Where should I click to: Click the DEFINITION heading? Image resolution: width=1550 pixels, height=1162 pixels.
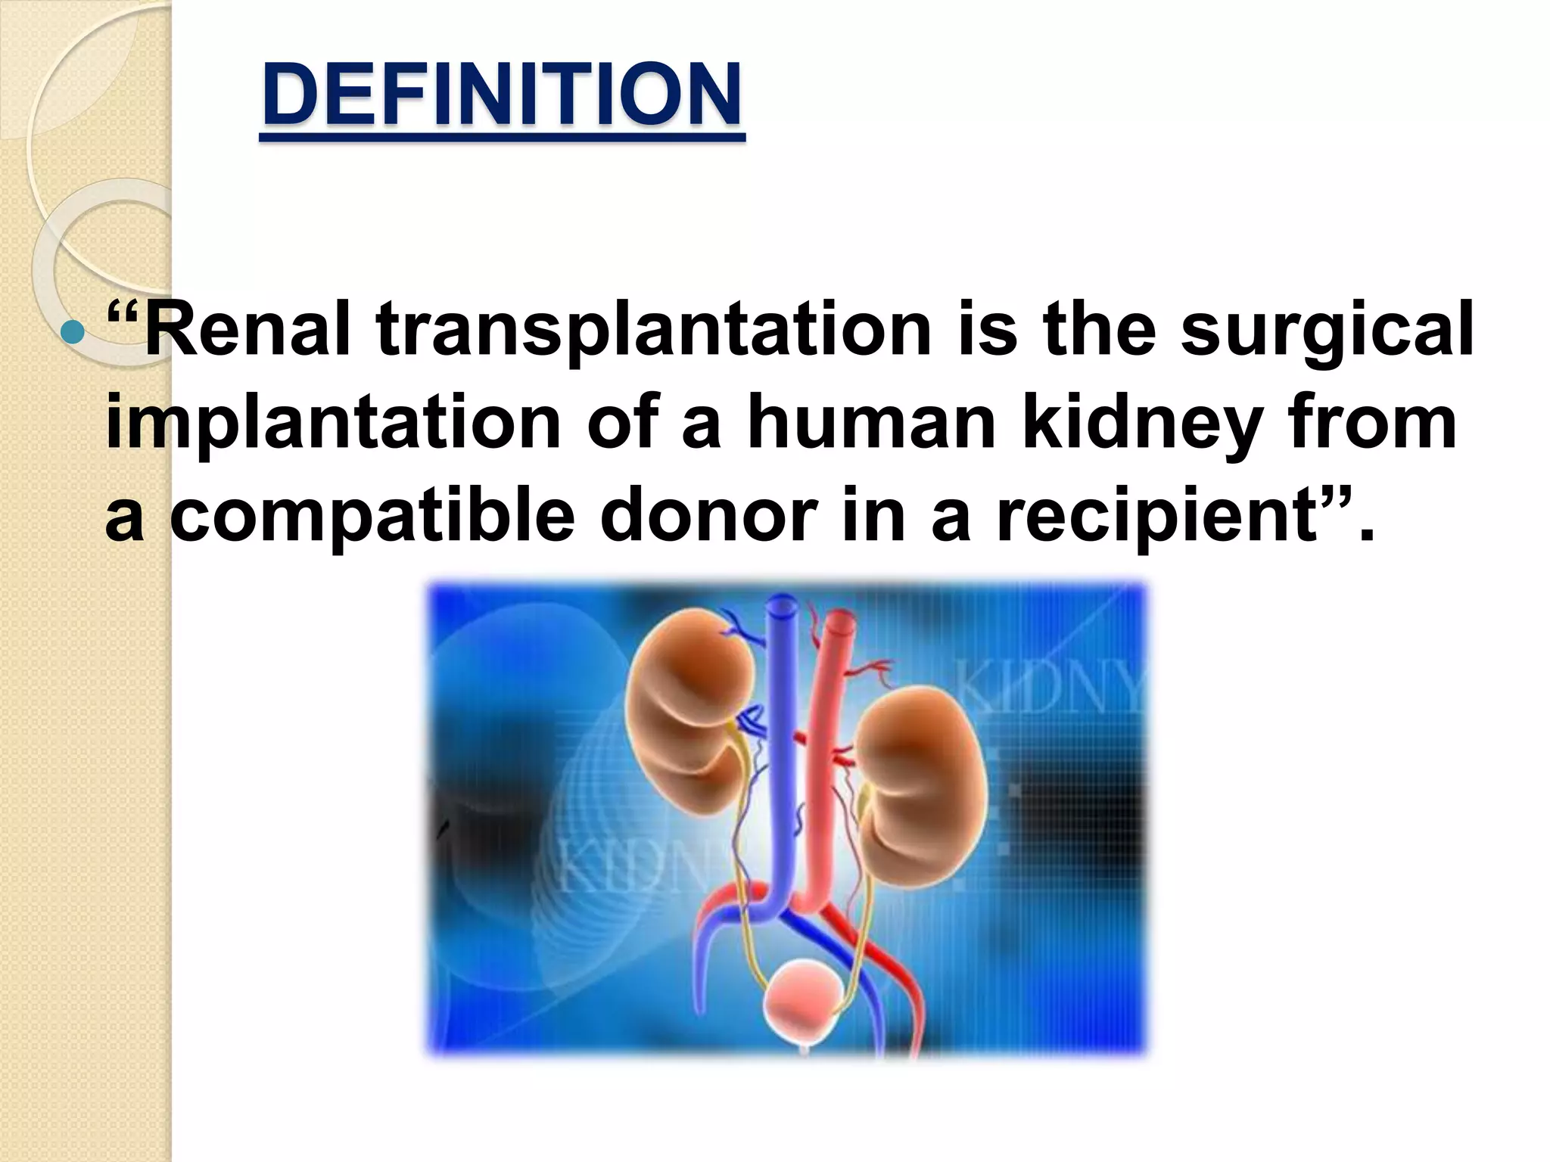point(502,95)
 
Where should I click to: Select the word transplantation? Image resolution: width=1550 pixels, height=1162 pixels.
point(652,331)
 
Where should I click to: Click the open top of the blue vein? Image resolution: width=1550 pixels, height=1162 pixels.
point(780,605)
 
